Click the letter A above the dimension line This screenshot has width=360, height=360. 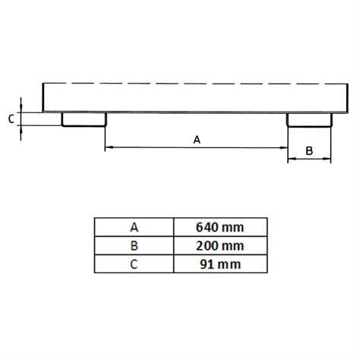click(x=197, y=140)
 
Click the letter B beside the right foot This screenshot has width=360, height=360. click(x=309, y=151)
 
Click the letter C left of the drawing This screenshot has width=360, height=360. click(x=11, y=118)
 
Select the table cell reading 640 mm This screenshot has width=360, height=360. click(x=220, y=227)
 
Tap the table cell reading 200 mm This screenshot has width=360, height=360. click(x=220, y=245)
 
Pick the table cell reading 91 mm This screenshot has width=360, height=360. click(x=220, y=264)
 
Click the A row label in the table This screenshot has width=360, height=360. click(x=134, y=227)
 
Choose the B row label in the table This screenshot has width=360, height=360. click(x=134, y=245)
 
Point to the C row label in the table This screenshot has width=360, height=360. click(x=134, y=264)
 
